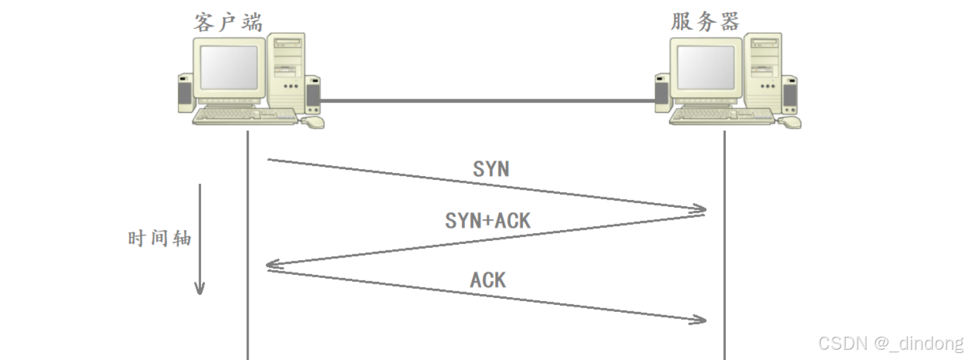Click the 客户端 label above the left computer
click(x=228, y=22)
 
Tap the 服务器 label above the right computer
click(x=705, y=22)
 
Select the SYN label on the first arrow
click(x=491, y=168)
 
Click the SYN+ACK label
click(x=488, y=221)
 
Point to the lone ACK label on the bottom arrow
click(x=488, y=280)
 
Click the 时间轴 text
click(x=160, y=239)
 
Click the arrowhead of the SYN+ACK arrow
click(x=272, y=264)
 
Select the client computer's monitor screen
click(x=229, y=67)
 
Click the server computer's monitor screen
click(x=706, y=67)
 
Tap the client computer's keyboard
click(x=245, y=117)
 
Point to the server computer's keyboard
click(x=722, y=117)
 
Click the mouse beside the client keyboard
click(x=313, y=121)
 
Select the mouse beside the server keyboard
click(x=790, y=121)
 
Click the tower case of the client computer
click(x=286, y=70)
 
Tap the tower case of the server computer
click(x=764, y=70)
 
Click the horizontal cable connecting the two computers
click(x=487, y=101)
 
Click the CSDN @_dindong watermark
click(x=890, y=343)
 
